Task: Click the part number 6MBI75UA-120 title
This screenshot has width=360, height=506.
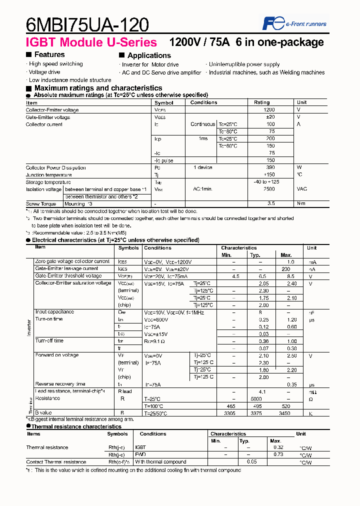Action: pyautogui.click(x=87, y=24)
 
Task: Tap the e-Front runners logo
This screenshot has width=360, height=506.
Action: pyautogui.click(x=294, y=23)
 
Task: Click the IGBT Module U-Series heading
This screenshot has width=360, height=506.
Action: pyautogui.click(x=91, y=42)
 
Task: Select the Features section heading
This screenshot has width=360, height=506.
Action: pyautogui.click(x=49, y=54)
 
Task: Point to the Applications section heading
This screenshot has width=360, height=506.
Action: pyautogui.click(x=148, y=55)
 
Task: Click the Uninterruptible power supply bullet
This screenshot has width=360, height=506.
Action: pyautogui.click(x=244, y=64)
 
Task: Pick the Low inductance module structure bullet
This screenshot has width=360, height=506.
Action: pyautogui.click(x=69, y=80)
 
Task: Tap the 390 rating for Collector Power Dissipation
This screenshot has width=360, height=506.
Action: pyautogui.click(x=270, y=168)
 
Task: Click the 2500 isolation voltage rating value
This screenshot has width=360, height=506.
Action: pyautogui.click(x=269, y=189)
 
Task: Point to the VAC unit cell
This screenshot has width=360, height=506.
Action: pyautogui.click(x=302, y=190)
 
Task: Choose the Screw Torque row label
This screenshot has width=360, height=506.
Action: pyautogui.click(x=41, y=204)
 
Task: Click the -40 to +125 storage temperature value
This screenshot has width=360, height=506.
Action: pyautogui.click(x=266, y=182)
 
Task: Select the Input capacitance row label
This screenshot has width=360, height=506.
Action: pyautogui.click(x=54, y=312)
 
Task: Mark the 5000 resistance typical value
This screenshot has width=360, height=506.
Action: pyautogui.click(x=256, y=398)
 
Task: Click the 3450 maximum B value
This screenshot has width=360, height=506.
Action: pyautogui.click(x=284, y=413)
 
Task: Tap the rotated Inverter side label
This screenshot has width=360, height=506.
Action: pyautogui.click(x=28, y=327)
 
